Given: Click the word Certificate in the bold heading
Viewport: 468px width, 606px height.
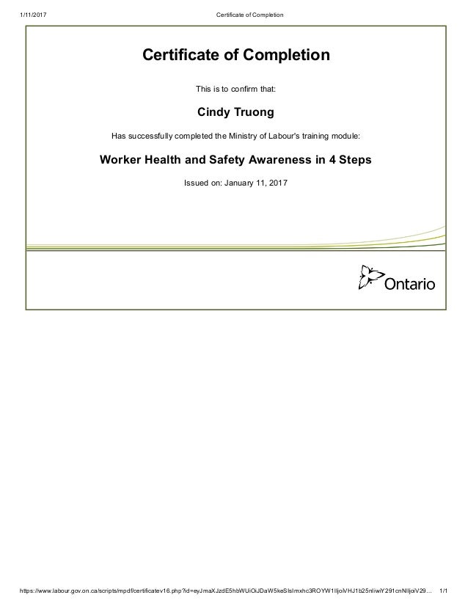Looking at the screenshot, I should pyautogui.click(x=178, y=55).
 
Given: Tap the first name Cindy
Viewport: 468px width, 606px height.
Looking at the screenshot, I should pyautogui.click(x=214, y=112).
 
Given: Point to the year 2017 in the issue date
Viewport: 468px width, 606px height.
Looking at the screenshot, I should pyautogui.click(x=279, y=182).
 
